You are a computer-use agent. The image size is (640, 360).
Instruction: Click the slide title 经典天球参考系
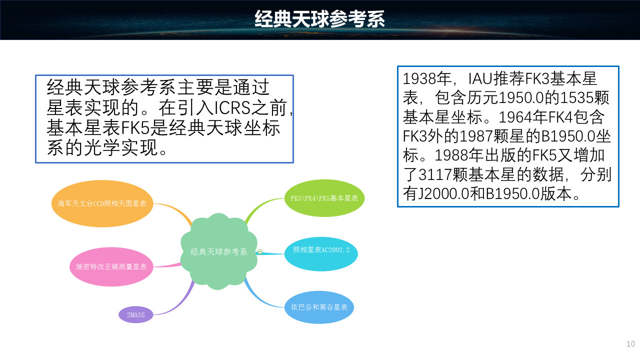point(319,19)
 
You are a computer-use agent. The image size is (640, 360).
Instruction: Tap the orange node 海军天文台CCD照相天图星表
point(102,203)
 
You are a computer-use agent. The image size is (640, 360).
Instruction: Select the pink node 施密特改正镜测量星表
point(111,266)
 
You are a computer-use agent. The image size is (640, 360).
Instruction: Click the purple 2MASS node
point(135,314)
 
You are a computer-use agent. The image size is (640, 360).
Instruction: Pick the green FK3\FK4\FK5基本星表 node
point(324,198)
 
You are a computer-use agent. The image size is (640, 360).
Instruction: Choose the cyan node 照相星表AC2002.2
point(321,253)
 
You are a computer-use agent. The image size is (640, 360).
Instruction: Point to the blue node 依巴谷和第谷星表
point(319,307)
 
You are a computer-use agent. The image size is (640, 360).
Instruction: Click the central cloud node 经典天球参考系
point(219,251)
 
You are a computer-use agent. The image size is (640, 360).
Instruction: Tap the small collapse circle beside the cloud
point(259,251)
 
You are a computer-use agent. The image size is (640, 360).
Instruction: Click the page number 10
point(630,343)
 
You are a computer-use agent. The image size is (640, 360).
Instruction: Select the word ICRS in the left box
point(232,107)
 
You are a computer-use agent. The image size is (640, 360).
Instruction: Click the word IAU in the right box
point(481,78)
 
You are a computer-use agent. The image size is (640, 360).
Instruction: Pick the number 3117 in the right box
point(435,174)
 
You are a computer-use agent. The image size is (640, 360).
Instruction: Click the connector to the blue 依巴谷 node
point(260,297)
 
